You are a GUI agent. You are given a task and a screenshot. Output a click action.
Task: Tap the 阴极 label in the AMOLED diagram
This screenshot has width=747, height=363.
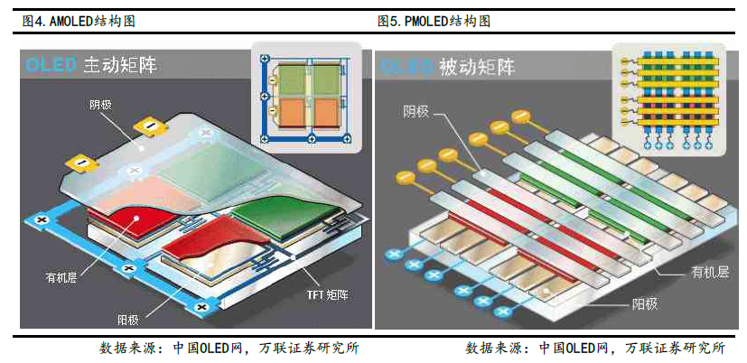tap(100, 105)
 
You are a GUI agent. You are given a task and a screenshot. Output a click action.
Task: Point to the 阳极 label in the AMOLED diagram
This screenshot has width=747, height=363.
tap(128, 319)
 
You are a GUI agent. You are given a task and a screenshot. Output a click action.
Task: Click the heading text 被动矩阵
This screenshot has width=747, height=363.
tap(475, 66)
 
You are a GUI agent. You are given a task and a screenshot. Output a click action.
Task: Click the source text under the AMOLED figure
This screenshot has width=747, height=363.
tap(234, 348)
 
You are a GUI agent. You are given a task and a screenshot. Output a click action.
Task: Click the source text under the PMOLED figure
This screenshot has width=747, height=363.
tap(596, 348)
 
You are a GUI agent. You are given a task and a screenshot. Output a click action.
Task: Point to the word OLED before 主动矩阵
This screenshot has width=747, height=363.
tap(51, 65)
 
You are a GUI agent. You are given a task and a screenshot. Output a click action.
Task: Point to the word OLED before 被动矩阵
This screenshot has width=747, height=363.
tap(407, 66)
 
